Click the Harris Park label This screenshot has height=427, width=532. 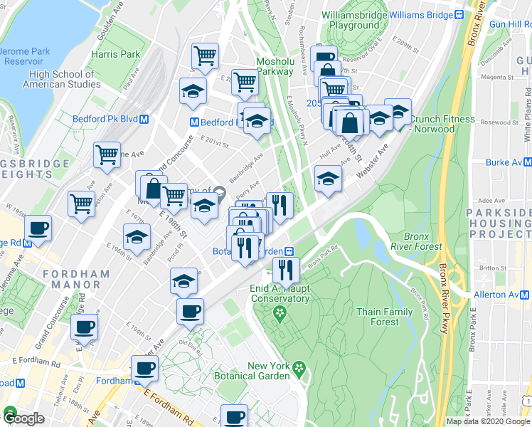point(115,53)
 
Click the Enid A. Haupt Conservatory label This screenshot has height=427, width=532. point(280,293)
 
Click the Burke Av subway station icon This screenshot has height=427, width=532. point(527,162)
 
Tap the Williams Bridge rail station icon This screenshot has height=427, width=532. point(459,15)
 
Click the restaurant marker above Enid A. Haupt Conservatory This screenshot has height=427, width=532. point(287,270)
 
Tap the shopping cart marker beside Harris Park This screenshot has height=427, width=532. point(206,56)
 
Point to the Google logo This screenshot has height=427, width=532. point(23,418)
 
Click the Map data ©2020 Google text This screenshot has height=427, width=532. point(487,421)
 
